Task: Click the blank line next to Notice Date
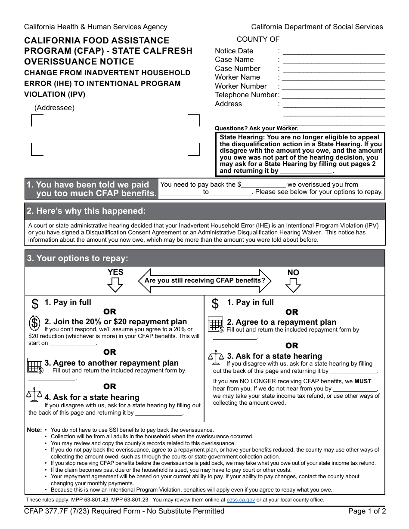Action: coord(334,54)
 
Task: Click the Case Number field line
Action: coord(334,72)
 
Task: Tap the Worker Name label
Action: coord(237,77)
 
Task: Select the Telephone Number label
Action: coord(246,95)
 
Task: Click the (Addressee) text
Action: coord(54,108)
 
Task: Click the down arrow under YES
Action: coord(115,285)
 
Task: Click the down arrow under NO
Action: coord(293,285)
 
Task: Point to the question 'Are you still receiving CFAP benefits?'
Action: coord(205,280)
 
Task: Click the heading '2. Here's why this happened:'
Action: coord(86,211)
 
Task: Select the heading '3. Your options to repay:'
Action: coord(77,258)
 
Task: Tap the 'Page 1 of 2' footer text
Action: coord(367,511)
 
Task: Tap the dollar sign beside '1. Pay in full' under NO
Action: coord(215,304)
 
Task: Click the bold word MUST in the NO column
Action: coord(363,381)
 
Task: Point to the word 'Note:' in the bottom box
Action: coord(34,430)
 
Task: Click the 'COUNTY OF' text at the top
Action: coord(258,40)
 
